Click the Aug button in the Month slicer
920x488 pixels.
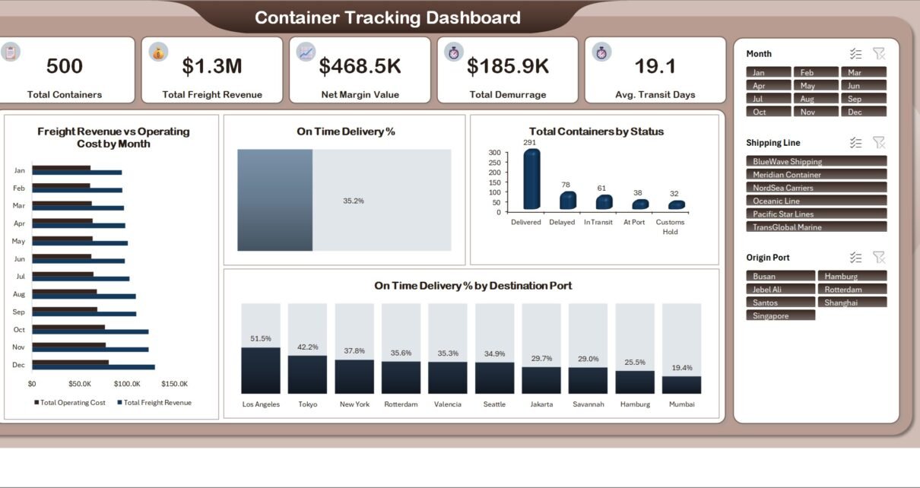pyautogui.click(x=816, y=99)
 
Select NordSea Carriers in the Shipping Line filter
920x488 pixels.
pyautogui.click(x=817, y=188)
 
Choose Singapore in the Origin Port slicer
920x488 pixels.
pyautogui.click(x=780, y=315)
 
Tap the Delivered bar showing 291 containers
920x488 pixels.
pyautogui.click(x=531, y=179)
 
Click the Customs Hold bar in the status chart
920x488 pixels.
pyautogui.click(x=677, y=204)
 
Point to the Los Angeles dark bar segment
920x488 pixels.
pyautogui.click(x=261, y=370)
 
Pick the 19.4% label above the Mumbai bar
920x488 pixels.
pyautogui.click(x=682, y=368)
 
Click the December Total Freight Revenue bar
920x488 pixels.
pyautogui.click(x=94, y=367)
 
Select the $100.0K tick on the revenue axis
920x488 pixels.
pyautogui.click(x=127, y=384)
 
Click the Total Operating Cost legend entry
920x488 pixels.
pyautogui.click(x=70, y=403)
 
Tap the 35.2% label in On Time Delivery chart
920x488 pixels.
pyautogui.click(x=354, y=201)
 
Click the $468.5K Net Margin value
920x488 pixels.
pyautogui.click(x=360, y=66)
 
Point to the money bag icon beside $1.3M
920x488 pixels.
pyautogui.click(x=158, y=52)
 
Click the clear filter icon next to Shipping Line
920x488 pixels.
pyautogui.click(x=879, y=143)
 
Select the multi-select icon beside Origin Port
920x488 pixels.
pyautogui.click(x=855, y=258)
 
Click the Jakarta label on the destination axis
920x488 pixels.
pyautogui.click(x=541, y=404)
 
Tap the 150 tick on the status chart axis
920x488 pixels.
pyautogui.click(x=494, y=182)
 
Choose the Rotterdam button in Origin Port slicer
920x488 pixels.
pyautogui.click(x=852, y=289)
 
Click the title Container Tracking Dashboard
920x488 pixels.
pyautogui.click(x=388, y=17)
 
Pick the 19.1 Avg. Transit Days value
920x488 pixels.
pyautogui.click(x=655, y=66)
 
